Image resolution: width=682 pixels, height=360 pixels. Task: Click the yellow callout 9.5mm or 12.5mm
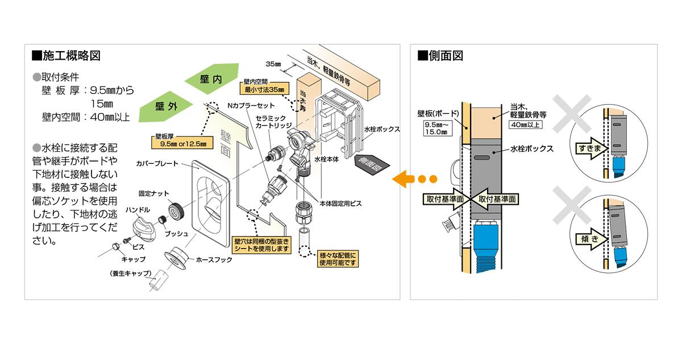181,142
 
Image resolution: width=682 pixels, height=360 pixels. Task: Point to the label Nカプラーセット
251,106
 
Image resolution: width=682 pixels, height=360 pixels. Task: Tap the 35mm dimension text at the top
274,63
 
